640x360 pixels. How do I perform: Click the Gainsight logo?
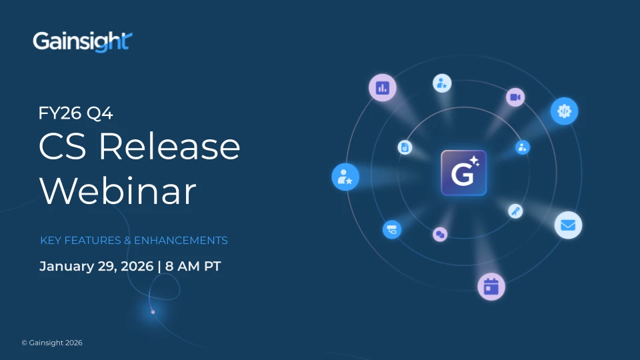coord(83,41)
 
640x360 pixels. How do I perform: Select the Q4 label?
coord(99,113)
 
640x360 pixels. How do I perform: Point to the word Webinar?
coord(118,191)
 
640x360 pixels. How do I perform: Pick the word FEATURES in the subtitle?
coord(93,241)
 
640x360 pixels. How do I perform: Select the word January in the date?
coord(67,267)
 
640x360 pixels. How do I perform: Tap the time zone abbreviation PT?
coord(212,266)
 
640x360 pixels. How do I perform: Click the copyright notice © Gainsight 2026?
coord(52,343)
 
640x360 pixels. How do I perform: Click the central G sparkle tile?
coord(464,173)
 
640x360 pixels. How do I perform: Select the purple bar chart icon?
coord(383,87)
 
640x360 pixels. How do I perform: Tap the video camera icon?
coord(515,97)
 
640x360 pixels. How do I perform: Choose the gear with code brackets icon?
coord(564,111)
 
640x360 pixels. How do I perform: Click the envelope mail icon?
coord(568,225)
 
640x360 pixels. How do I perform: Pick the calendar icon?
coord(491,287)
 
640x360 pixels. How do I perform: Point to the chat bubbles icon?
coord(440,234)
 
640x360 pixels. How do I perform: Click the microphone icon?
coord(515,211)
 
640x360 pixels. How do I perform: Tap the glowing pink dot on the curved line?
coord(153,312)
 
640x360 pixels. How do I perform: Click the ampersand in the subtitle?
coord(127,241)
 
